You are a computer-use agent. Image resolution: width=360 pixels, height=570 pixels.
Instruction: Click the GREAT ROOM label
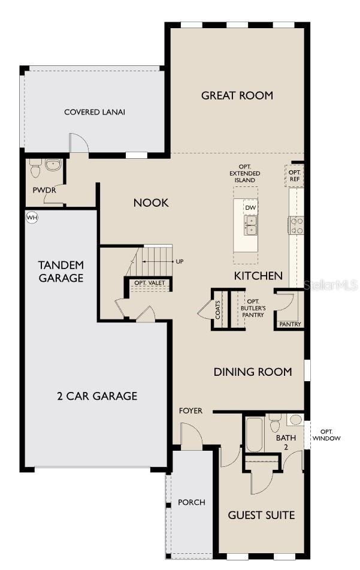click(x=237, y=95)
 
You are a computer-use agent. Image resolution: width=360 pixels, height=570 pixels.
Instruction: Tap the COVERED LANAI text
click(x=95, y=112)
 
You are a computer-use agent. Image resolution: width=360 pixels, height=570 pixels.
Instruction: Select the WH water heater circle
click(x=31, y=217)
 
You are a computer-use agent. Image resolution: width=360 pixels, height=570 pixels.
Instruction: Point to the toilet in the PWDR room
click(x=35, y=169)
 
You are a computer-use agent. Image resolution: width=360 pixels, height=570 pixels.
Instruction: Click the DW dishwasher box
click(x=250, y=207)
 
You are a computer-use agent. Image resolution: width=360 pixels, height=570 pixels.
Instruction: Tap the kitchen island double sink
click(x=250, y=225)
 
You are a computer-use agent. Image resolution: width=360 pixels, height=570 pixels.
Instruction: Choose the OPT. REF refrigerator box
click(x=295, y=175)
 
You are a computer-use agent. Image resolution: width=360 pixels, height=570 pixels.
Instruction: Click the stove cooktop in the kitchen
click(x=297, y=225)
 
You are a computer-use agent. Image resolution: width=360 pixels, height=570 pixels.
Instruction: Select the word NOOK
click(x=151, y=203)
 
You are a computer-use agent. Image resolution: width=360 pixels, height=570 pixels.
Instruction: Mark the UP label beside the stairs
click(x=180, y=261)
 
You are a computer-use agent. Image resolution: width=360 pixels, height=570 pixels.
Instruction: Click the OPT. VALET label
click(x=149, y=283)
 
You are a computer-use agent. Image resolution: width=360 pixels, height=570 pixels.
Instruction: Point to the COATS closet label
click(x=218, y=309)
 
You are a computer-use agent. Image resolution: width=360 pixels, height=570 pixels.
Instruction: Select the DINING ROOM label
click(x=253, y=372)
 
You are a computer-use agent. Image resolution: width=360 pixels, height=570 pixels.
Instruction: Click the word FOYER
click(x=190, y=411)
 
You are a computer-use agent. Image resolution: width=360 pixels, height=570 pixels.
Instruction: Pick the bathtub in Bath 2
click(x=254, y=434)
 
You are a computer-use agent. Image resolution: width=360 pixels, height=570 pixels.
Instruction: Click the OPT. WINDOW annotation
click(x=330, y=435)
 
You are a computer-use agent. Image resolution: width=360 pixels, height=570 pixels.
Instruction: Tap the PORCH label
click(x=191, y=502)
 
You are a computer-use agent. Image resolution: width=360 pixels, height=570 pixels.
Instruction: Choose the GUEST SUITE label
click(x=261, y=515)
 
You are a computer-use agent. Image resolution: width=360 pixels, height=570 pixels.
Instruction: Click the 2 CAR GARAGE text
click(x=97, y=396)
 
